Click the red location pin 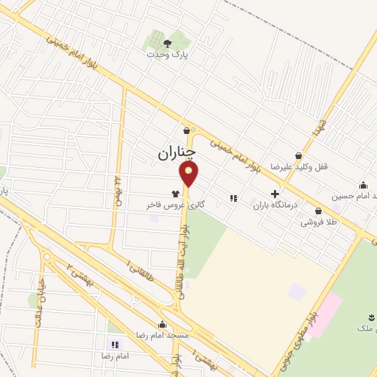[x=189, y=174]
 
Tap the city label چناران [x=177, y=152]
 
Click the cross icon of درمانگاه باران [x=275, y=194]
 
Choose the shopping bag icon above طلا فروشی [x=318, y=211]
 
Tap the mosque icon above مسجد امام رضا [x=162, y=324]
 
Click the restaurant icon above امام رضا [x=114, y=344]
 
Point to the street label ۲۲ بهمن [x=117, y=191]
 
